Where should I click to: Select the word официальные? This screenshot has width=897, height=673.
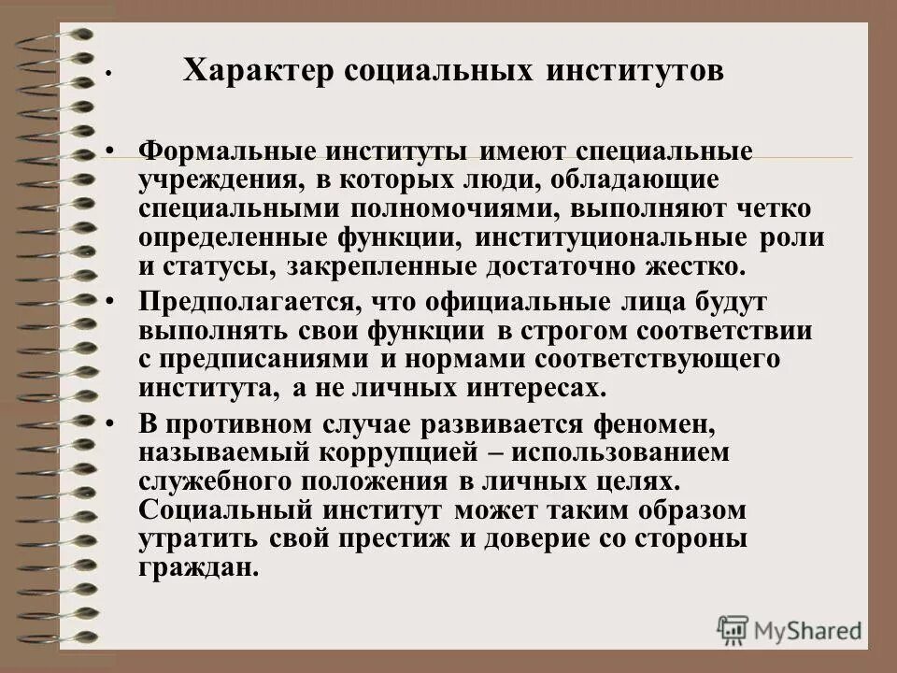pyautogui.click(x=483, y=303)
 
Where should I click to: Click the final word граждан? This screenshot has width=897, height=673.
pyautogui.click(x=198, y=567)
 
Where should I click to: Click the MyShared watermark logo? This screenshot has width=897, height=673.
pyautogui.click(x=790, y=628)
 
